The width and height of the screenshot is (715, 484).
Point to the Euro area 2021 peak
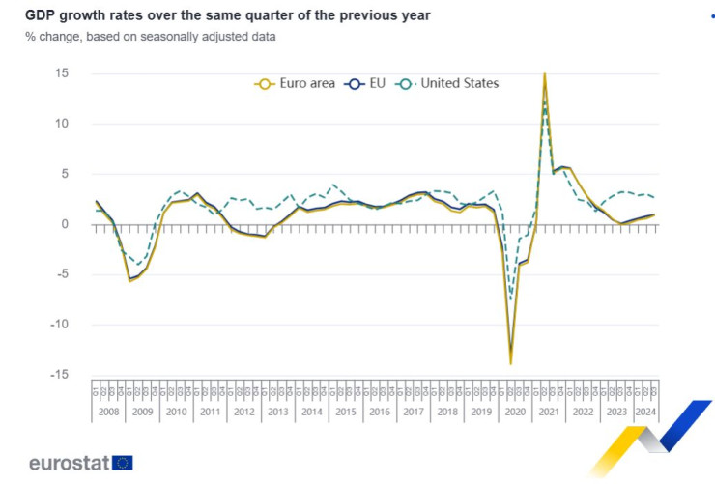click(544, 74)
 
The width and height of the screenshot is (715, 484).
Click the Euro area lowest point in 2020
click(510, 363)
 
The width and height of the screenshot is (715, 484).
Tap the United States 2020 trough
click(510, 299)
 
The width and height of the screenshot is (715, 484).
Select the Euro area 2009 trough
click(129, 281)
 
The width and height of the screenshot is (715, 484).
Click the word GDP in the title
click(41, 16)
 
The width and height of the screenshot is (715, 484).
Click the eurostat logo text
click(69, 463)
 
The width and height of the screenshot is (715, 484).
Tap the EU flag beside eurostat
click(123, 463)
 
